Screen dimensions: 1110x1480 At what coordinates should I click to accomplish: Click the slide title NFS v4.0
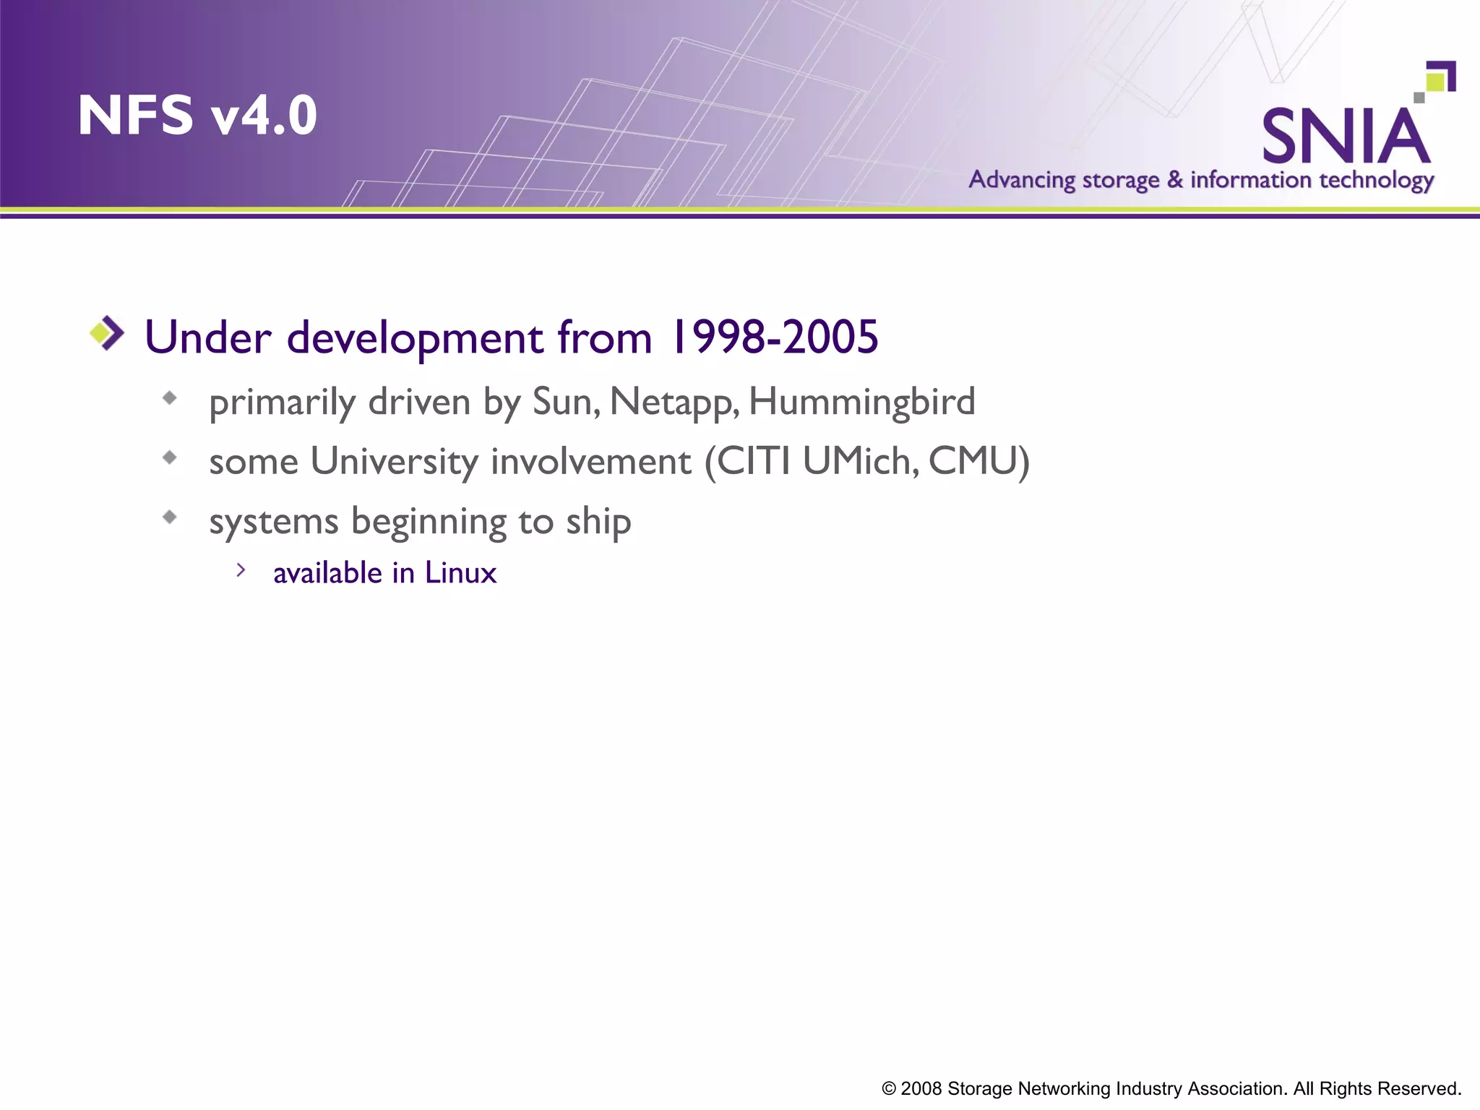pos(197,116)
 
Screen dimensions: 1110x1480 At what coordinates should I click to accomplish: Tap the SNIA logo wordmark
pos(1345,137)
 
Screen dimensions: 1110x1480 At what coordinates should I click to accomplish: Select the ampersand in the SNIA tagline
pos(1175,178)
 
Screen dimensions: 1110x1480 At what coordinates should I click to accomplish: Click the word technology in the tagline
pos(1377,180)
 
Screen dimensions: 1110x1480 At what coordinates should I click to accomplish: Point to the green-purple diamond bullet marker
pos(107,333)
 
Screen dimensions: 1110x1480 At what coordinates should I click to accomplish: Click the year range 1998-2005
pos(774,337)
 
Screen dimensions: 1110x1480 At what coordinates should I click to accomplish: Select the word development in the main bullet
pos(415,339)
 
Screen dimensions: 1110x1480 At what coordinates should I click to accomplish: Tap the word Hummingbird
pos(862,402)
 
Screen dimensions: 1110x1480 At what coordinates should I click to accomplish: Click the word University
pos(394,462)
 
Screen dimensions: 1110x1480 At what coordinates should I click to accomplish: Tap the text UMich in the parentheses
pos(860,462)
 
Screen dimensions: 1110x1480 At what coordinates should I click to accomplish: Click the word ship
pos(598,522)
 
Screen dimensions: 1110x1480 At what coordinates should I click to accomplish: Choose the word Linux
pos(460,573)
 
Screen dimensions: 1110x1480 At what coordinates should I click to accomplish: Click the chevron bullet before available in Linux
pos(241,570)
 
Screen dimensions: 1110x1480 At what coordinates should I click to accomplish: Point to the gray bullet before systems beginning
pos(170,517)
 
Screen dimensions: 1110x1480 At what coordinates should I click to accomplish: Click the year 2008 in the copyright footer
pos(921,1088)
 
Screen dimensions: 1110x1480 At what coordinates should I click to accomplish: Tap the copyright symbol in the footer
pos(889,1089)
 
